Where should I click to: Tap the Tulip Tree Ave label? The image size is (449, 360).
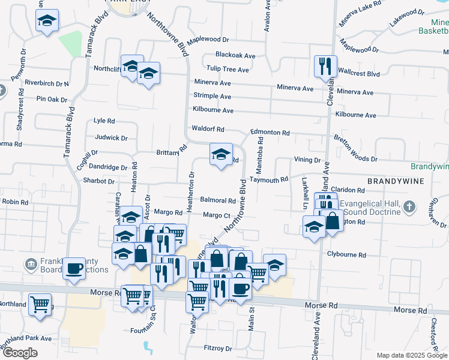point(228,70)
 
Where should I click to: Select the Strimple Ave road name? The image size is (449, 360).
point(212,96)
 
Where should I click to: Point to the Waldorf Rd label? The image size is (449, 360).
point(208,129)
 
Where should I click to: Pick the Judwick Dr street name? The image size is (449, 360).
point(112,138)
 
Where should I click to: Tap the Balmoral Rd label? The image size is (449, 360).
point(218,200)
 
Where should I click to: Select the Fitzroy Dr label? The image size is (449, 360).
point(218,348)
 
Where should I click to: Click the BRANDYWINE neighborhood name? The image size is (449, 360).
point(396,181)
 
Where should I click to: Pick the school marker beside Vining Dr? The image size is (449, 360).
point(221,154)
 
